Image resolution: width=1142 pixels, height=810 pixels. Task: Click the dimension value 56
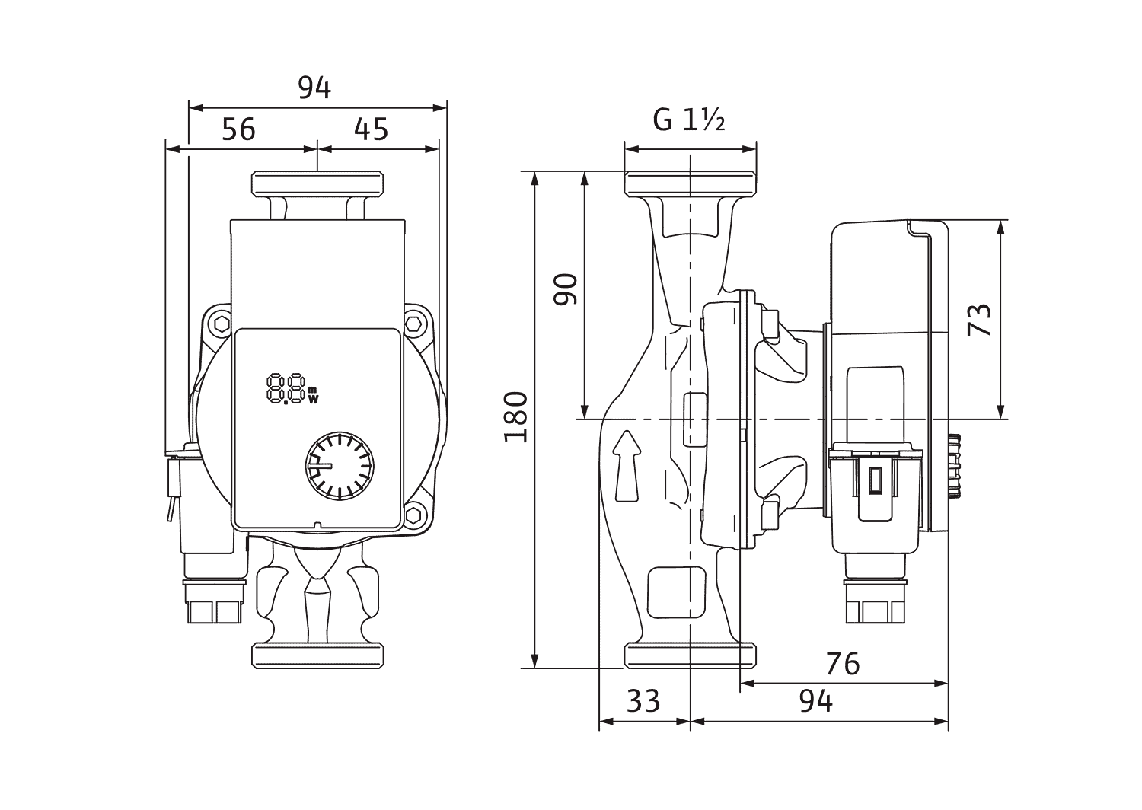tap(238, 129)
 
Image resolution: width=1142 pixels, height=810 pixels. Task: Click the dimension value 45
tap(372, 129)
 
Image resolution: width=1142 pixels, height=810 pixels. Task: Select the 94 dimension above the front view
tap(314, 88)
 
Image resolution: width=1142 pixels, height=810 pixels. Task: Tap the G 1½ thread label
tap(688, 120)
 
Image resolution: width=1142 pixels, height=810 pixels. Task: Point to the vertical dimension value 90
tap(566, 289)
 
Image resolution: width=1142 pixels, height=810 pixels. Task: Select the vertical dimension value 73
tap(981, 320)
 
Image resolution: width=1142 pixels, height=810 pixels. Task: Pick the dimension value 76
tap(842, 664)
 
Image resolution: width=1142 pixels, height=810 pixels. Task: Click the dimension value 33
tap(643, 700)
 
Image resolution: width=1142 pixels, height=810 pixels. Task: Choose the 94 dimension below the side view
tap(815, 700)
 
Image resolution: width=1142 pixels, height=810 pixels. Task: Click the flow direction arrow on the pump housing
tap(627, 466)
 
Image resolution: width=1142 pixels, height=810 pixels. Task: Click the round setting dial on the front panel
tap(339, 466)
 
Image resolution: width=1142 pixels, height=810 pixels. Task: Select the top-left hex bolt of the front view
tap(221, 325)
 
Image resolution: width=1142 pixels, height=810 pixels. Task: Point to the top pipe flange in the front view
tap(318, 183)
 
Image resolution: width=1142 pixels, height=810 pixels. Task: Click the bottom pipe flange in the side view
tap(690, 655)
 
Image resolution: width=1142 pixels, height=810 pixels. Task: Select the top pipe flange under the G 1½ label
tap(690, 183)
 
